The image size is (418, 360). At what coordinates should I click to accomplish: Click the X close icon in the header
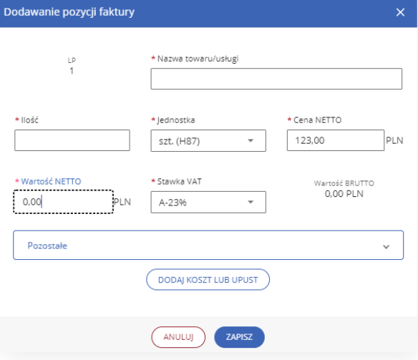click(x=400, y=12)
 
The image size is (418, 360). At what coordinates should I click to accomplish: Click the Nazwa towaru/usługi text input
click(x=276, y=79)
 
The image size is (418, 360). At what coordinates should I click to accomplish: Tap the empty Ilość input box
click(x=72, y=140)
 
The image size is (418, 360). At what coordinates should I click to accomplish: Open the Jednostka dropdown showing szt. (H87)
click(x=208, y=141)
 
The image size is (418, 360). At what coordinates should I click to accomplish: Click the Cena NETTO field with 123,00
click(x=336, y=140)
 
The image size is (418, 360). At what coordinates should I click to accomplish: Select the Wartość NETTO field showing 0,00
click(x=64, y=202)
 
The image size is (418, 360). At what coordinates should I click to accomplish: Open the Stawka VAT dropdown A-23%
click(x=208, y=202)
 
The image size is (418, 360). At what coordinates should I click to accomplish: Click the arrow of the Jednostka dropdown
click(x=251, y=140)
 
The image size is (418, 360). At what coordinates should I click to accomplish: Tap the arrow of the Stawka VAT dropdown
click(x=251, y=202)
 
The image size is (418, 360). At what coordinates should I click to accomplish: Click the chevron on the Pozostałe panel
click(x=386, y=247)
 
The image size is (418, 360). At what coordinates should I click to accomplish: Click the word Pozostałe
click(x=47, y=245)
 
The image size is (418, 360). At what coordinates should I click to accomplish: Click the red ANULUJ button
click(x=178, y=337)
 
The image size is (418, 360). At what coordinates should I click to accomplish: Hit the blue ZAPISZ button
click(x=239, y=337)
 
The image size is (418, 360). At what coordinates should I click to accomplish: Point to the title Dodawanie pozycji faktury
click(x=69, y=12)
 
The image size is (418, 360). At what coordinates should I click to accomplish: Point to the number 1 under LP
click(x=72, y=71)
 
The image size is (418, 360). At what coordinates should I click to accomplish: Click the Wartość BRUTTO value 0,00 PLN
click(x=344, y=194)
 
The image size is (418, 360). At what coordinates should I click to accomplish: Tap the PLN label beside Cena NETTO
click(x=394, y=140)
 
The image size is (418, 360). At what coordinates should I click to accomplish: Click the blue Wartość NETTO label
click(x=51, y=182)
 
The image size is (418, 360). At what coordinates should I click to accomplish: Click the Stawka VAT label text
click(x=180, y=182)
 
